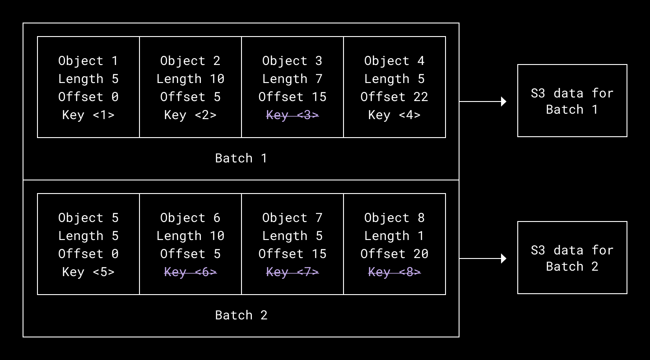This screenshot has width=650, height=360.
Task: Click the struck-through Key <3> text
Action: pos(292,115)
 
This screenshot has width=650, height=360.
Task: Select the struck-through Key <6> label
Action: pos(190,272)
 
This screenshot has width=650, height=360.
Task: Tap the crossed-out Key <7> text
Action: pos(292,272)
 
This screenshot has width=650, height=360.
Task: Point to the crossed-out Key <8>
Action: pos(394,272)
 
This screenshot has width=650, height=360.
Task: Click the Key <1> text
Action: pos(88,115)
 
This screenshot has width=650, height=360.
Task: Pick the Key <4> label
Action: pos(394,115)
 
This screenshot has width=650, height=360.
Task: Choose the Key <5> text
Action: pos(88,272)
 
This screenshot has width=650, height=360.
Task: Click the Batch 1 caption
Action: pos(241,158)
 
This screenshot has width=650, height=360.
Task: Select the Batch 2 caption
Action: pos(241,315)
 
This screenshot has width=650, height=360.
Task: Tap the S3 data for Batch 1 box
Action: pos(572,101)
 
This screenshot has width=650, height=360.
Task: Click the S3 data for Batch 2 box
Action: pos(572,258)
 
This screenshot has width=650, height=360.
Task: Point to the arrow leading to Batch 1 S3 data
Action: pos(483,102)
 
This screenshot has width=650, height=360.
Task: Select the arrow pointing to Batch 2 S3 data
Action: pos(483,258)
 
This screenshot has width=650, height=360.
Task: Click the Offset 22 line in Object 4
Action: pos(394,97)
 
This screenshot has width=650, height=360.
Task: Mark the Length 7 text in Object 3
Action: pos(292,79)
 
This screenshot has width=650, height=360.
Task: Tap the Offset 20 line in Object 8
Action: pos(394,254)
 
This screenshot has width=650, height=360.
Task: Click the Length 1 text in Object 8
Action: pos(394,236)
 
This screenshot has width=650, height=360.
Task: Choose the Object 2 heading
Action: pos(190,61)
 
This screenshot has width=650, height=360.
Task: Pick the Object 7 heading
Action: pos(292,218)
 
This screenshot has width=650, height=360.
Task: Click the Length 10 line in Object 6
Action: pos(190,236)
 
